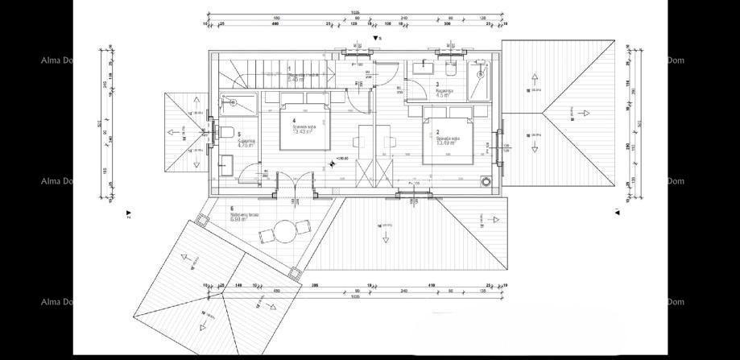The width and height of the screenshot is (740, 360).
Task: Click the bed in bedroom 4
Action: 306,126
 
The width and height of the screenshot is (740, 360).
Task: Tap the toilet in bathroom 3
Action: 450,72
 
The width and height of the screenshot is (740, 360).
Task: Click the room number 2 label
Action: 438,132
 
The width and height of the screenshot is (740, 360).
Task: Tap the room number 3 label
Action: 437,84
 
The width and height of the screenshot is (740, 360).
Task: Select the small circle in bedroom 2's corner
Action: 486,181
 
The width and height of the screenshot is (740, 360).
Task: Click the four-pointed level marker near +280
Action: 333,164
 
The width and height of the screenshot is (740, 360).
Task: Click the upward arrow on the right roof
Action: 534,79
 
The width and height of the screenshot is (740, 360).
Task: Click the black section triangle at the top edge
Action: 376,38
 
